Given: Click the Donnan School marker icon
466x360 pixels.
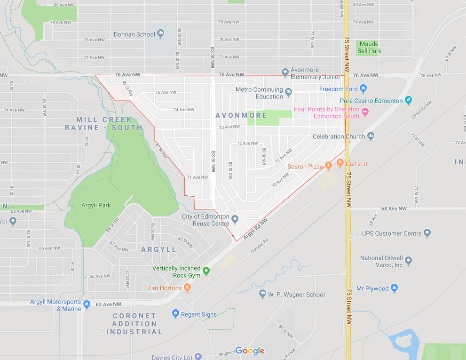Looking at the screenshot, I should (160, 34).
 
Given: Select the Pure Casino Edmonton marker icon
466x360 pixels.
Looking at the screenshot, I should (408, 100).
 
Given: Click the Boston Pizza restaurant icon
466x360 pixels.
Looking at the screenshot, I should (328, 167).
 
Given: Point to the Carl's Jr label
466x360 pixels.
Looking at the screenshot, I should (356, 164).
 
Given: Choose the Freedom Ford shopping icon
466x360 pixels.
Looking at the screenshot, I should (363, 88).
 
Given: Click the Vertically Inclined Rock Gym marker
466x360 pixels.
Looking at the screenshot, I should (205, 272).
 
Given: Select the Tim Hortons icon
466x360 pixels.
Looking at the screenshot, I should (187, 288).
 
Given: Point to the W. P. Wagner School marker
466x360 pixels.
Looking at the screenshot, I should (262, 294).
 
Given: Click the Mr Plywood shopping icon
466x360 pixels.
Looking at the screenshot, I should (394, 288).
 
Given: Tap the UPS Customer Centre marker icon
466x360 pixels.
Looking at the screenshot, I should (427, 233).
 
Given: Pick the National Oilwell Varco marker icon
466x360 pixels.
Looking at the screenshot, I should (408, 261).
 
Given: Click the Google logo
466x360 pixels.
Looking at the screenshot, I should (250, 351).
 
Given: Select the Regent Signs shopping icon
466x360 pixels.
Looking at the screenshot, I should (175, 314).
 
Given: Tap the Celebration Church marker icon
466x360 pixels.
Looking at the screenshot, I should (371, 136).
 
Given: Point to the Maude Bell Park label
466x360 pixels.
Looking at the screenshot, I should (369, 47).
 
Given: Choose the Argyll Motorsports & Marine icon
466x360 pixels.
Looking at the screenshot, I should (87, 305).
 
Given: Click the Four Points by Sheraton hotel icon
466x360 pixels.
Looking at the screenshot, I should (365, 112).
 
